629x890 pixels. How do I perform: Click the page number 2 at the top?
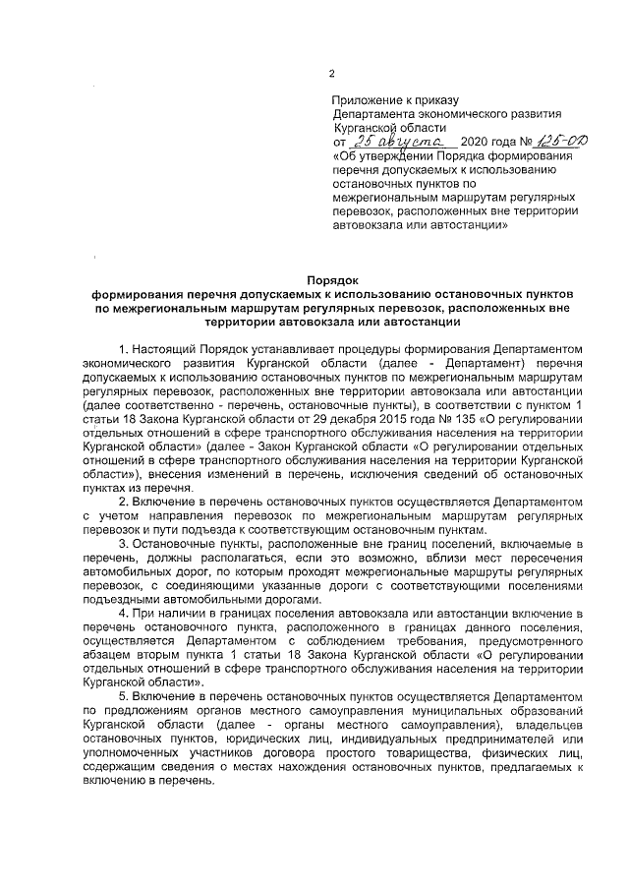(331, 75)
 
